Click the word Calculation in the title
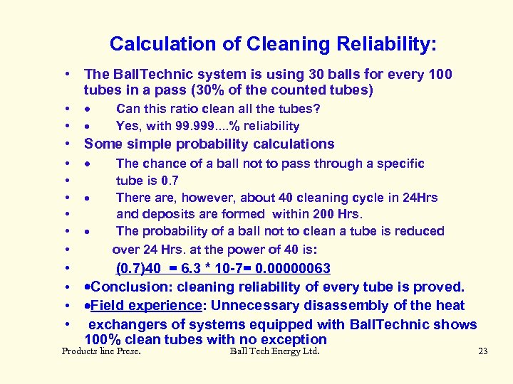click(x=162, y=44)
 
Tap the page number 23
click(x=482, y=351)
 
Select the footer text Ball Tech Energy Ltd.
click(x=275, y=351)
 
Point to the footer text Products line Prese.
click(x=101, y=351)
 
